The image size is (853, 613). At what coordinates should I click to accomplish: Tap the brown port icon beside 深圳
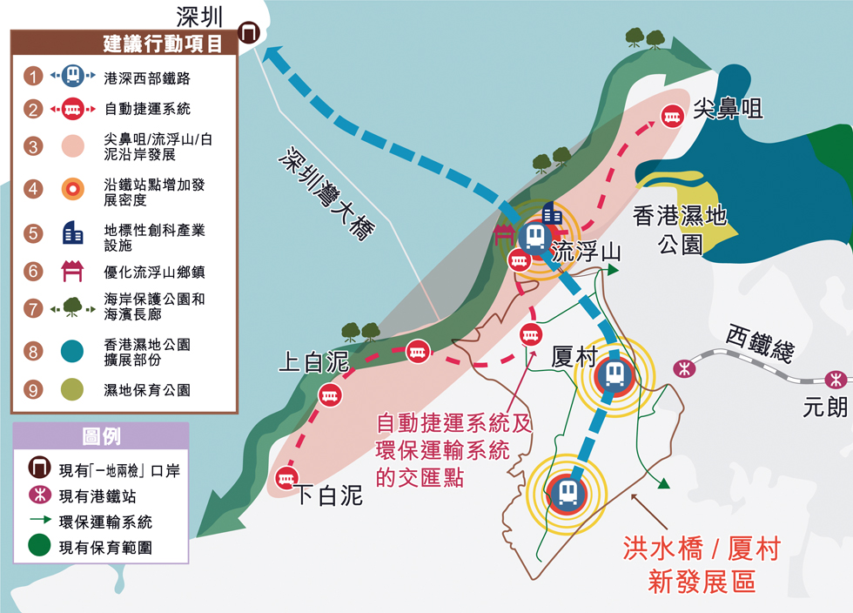251,33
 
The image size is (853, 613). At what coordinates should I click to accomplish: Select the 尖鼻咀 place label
729,109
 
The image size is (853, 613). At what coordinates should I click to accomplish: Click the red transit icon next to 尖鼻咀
672,116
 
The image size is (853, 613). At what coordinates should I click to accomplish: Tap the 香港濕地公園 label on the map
680,229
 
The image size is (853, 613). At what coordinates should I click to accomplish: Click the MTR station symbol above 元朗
836,380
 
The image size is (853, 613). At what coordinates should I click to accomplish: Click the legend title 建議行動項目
162,43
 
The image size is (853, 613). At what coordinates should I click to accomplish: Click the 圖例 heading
101,436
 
